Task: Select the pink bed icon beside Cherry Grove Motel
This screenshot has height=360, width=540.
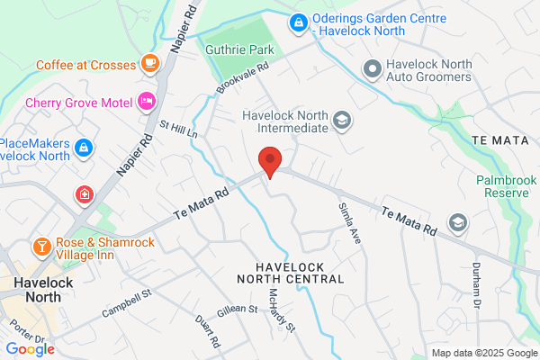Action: [146, 101]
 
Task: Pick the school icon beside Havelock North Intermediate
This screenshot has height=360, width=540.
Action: [341, 120]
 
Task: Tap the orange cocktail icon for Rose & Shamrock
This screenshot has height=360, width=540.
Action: [41, 246]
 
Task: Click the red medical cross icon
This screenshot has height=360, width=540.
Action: [84, 194]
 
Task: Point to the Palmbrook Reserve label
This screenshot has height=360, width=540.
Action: [506, 186]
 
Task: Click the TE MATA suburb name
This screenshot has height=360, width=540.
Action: [497, 140]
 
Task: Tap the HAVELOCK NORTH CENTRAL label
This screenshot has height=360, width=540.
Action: [300, 273]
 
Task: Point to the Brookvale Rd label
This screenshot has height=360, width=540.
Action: [243, 81]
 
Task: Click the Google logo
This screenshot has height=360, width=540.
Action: [30, 349]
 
